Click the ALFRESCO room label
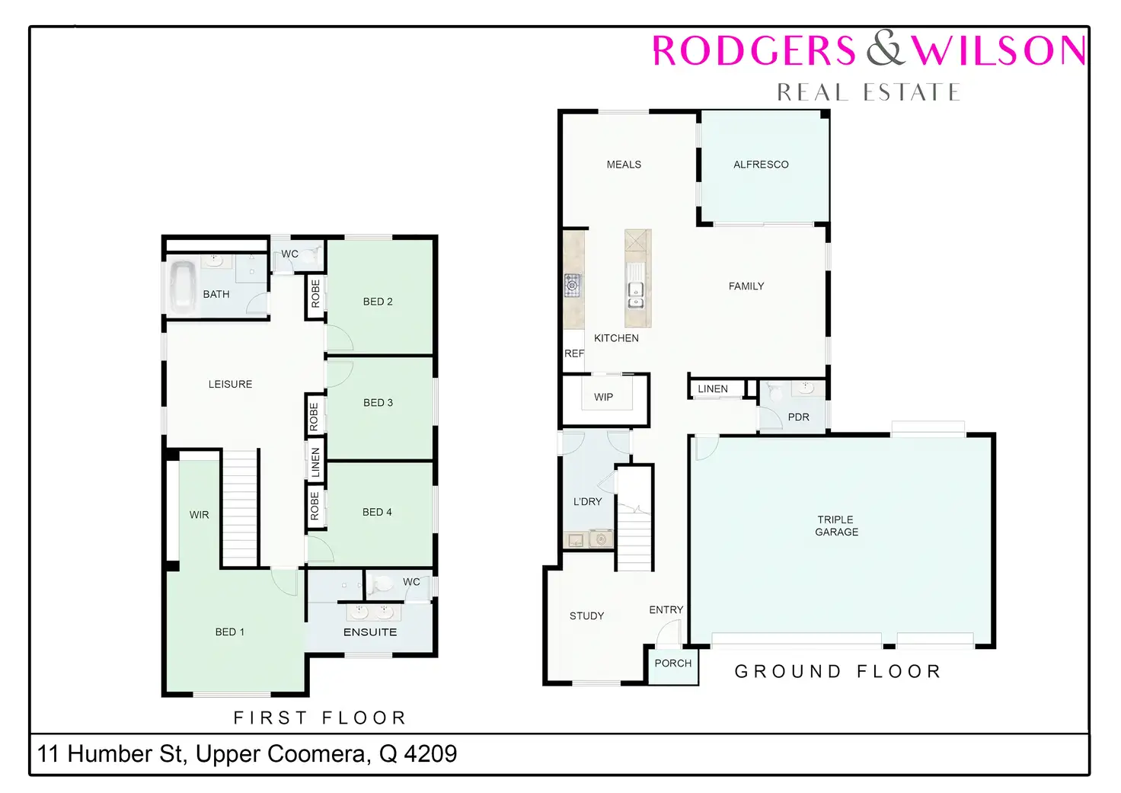pyautogui.click(x=761, y=165)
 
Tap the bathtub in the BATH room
pyautogui.click(x=182, y=287)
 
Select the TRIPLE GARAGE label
pyautogui.click(x=836, y=526)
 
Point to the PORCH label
pyautogui.click(x=672, y=663)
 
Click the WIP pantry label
pyautogui.click(x=603, y=398)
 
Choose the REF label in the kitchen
pyautogui.click(x=573, y=354)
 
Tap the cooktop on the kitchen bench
pyautogui.click(x=573, y=286)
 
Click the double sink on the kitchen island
pyautogui.click(x=636, y=296)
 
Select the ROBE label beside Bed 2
pyautogui.click(x=315, y=293)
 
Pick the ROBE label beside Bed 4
pyautogui.click(x=315, y=506)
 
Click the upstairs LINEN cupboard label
pyautogui.click(x=315, y=462)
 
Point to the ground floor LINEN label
pyautogui.click(x=713, y=389)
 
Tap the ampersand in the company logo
pyautogui.click(x=886, y=48)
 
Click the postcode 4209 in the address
pyautogui.click(x=430, y=753)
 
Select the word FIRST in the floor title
pyautogui.click(x=270, y=718)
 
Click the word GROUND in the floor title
pyautogui.click(x=788, y=671)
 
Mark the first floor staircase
pyautogui.click(x=239, y=508)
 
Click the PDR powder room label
pyautogui.click(x=798, y=417)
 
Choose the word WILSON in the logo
pyautogui.click(x=998, y=50)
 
